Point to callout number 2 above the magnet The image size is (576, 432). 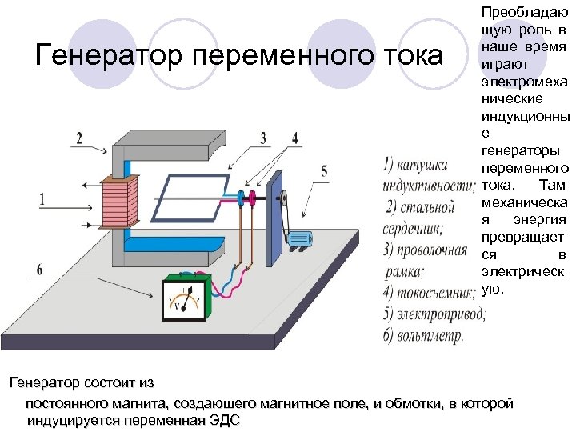78,138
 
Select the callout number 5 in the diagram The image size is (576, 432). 324,170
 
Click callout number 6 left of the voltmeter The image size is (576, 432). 40,267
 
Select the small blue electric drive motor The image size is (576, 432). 299,238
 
